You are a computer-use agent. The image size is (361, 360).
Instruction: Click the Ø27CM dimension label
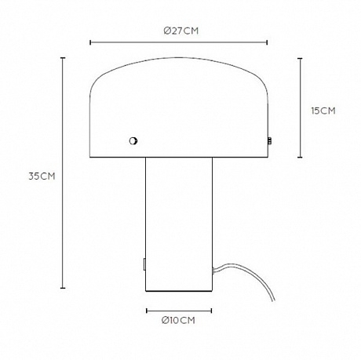coord(181,31)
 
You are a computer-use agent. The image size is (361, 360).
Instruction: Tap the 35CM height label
coord(42,176)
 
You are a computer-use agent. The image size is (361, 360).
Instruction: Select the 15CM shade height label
coord(323,111)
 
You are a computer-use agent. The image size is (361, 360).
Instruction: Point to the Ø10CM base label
coord(178,320)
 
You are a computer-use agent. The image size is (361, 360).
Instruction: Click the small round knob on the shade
coord(133,141)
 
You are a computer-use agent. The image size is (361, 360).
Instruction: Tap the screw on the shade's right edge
coord(268,141)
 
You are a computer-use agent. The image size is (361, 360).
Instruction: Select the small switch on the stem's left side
coord(144,264)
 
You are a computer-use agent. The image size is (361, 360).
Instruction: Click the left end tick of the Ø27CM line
coord(90,42)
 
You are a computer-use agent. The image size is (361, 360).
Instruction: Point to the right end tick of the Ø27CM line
coord(267,42)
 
